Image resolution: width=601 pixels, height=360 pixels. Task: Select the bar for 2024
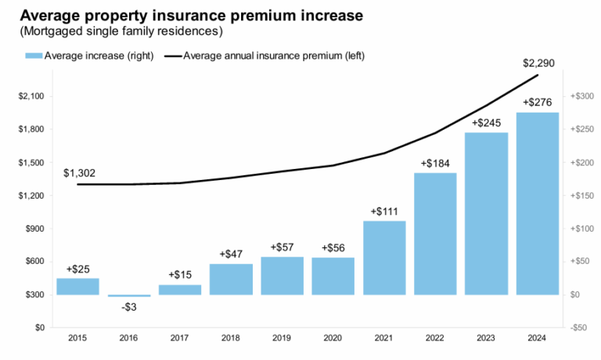(x=537, y=203)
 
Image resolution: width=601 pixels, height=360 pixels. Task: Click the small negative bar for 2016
(x=128, y=296)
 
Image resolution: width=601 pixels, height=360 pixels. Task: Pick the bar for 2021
(x=383, y=257)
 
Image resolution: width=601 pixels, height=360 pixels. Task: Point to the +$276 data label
(x=537, y=103)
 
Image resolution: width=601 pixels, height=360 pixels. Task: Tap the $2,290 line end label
(x=538, y=62)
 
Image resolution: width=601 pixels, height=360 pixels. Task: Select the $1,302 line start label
(x=79, y=172)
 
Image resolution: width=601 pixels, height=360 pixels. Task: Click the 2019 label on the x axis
(x=282, y=338)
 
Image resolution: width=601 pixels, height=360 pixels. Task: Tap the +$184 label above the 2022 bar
(x=435, y=164)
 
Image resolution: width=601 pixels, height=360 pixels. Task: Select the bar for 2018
(x=231, y=279)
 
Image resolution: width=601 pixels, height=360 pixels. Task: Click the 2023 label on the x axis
(x=486, y=338)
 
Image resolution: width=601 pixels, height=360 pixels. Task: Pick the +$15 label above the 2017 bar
(x=180, y=275)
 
